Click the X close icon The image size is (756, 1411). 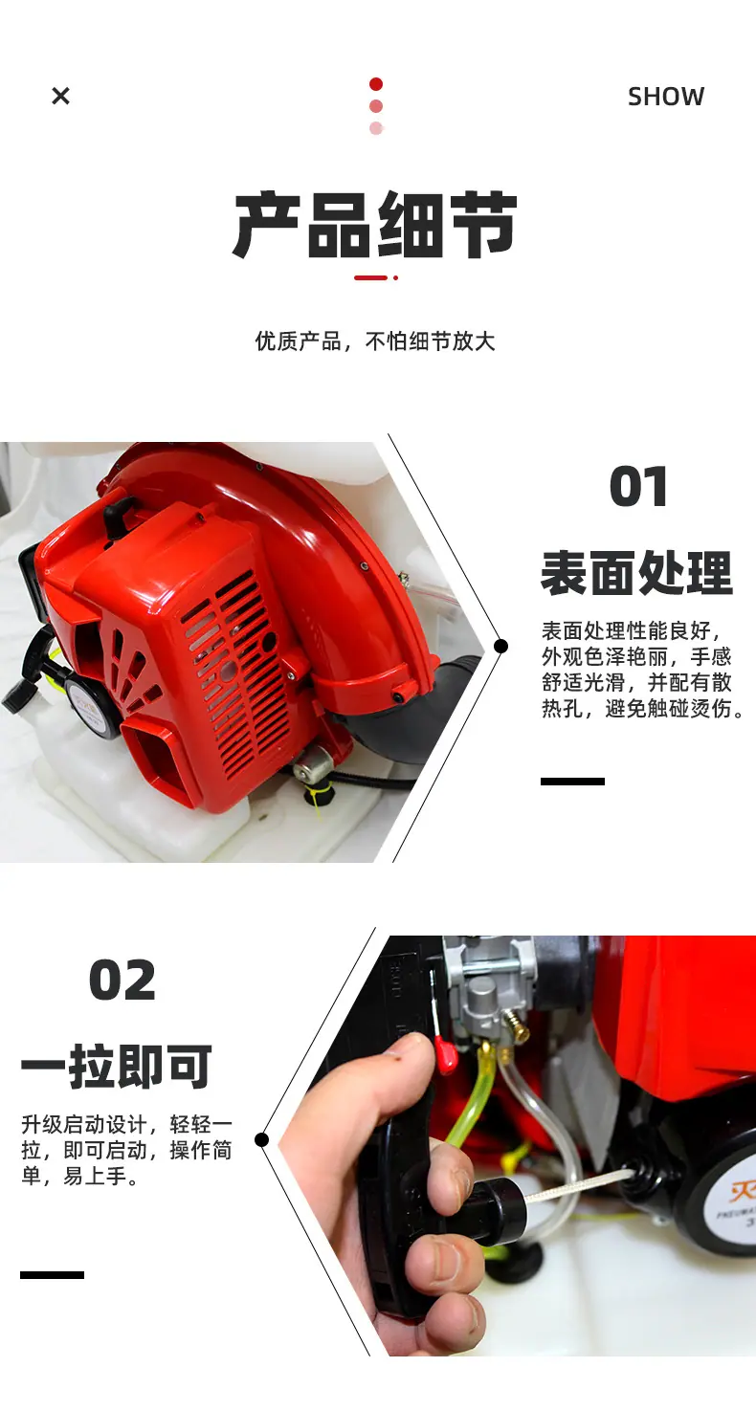point(60,96)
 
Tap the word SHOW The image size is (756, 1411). point(666,97)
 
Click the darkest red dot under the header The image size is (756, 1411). point(376,84)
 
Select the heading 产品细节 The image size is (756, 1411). point(375,224)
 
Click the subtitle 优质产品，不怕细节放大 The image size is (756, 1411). point(375,342)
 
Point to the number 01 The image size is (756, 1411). point(638,486)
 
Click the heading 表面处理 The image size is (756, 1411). point(636,573)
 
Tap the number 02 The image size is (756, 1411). point(122,981)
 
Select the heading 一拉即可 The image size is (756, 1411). point(117,1066)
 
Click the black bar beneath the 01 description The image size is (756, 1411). point(572,782)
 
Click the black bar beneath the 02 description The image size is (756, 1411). point(53,1275)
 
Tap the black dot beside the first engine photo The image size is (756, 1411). point(501,646)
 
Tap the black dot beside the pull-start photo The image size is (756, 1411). point(262,1139)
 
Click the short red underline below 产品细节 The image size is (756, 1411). point(371,277)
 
